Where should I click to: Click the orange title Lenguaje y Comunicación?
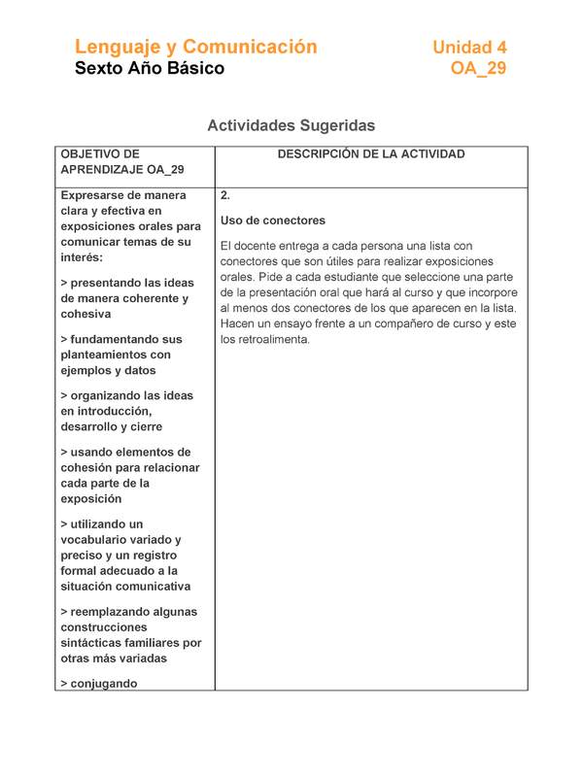(196, 47)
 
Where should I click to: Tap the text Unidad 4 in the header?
(469, 47)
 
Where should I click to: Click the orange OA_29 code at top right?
(478, 69)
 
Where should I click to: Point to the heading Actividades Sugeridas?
(291, 126)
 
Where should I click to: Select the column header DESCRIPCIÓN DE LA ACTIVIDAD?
(370, 154)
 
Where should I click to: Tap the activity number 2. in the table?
(225, 195)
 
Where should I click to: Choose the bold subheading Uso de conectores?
(273, 220)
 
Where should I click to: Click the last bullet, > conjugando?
(98, 683)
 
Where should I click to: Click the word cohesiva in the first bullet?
(86, 315)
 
